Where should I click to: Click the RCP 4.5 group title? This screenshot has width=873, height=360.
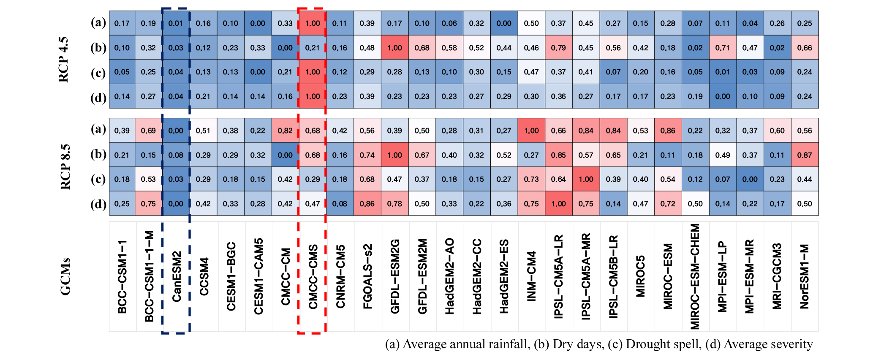63,60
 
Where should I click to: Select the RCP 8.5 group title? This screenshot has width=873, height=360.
65,167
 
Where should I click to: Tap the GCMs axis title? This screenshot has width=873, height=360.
65,277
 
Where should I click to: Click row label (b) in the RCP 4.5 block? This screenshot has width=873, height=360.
98,48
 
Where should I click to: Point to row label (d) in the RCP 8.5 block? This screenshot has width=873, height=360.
98,204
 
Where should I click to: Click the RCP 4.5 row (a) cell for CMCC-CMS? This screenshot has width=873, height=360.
313,23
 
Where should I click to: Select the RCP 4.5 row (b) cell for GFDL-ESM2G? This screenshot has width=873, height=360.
394,48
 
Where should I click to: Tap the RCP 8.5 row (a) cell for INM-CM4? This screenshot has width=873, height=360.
531,131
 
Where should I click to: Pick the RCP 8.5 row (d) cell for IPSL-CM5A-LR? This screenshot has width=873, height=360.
558,204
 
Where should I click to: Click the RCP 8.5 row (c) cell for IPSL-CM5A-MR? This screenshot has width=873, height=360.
586,179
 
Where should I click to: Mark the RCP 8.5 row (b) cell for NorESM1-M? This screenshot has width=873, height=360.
805,155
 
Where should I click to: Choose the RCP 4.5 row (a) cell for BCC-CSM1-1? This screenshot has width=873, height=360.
122,23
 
